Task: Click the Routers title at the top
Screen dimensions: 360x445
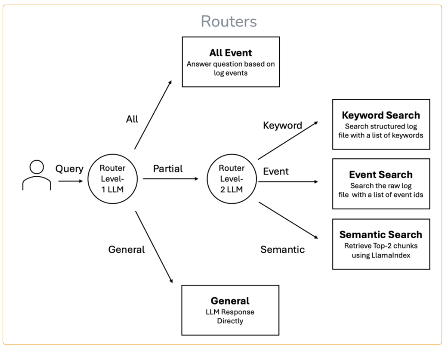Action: click(228, 21)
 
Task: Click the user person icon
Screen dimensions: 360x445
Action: click(36, 175)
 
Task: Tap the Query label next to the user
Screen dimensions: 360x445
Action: click(70, 169)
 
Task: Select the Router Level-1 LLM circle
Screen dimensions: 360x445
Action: click(113, 179)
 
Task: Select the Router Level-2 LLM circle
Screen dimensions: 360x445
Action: click(232, 179)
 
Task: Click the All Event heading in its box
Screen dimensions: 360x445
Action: click(231, 53)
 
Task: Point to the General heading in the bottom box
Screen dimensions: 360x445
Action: click(230, 300)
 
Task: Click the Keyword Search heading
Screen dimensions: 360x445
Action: click(381, 115)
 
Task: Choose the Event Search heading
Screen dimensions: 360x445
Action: click(381, 175)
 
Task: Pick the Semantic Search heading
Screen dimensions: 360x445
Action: click(381, 234)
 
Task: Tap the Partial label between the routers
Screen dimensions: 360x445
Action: click(168, 169)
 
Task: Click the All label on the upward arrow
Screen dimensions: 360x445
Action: click(132, 119)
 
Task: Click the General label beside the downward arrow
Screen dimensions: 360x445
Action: click(126, 249)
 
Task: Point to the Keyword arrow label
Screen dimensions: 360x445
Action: click(282, 125)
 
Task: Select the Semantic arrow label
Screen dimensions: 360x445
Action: click(282, 249)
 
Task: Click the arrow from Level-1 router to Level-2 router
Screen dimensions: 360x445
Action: click(170, 179)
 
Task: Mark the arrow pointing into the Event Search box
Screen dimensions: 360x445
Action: click(288, 181)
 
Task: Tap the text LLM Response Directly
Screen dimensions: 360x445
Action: click(230, 317)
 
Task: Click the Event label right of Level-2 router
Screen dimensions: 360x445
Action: click(276, 171)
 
